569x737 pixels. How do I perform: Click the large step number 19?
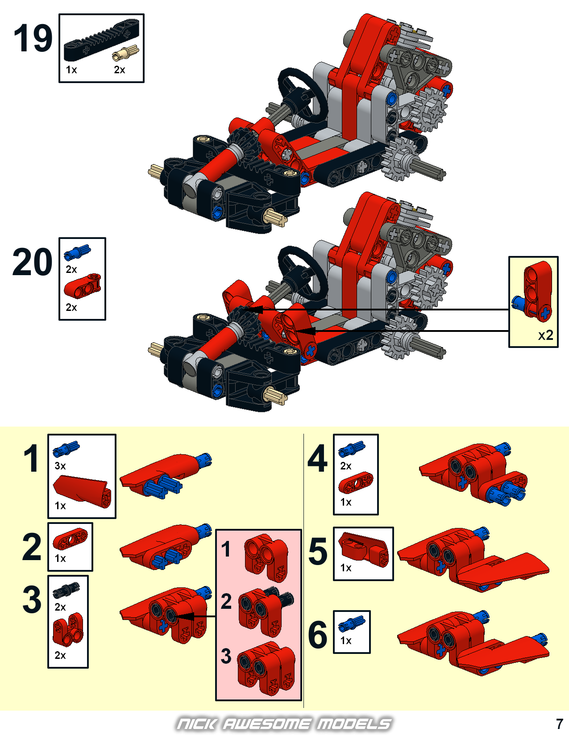[33, 38]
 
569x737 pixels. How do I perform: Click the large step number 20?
[32, 262]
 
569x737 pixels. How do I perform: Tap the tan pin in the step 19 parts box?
[125, 53]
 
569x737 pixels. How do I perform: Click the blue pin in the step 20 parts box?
[77, 251]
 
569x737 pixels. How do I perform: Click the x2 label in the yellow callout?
[545, 335]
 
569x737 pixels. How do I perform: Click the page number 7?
[560, 724]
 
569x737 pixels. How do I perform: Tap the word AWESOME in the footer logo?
[266, 724]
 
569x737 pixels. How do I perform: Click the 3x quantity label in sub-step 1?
[60, 466]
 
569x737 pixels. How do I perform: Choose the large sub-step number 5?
[318, 552]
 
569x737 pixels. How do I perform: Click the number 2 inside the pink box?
[226, 601]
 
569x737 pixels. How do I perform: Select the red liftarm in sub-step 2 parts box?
[70, 539]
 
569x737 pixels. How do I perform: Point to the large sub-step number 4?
[318, 459]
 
